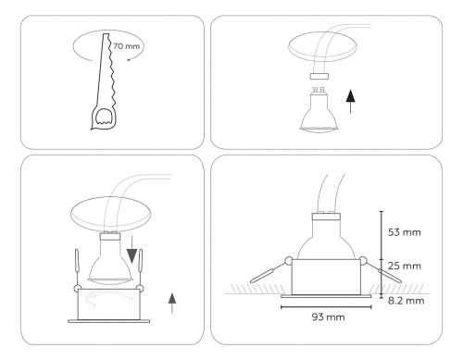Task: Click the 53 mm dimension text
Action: click(407, 232)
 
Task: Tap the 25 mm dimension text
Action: click(407, 267)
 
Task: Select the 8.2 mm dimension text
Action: click(406, 301)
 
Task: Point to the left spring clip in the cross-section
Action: click(269, 270)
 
